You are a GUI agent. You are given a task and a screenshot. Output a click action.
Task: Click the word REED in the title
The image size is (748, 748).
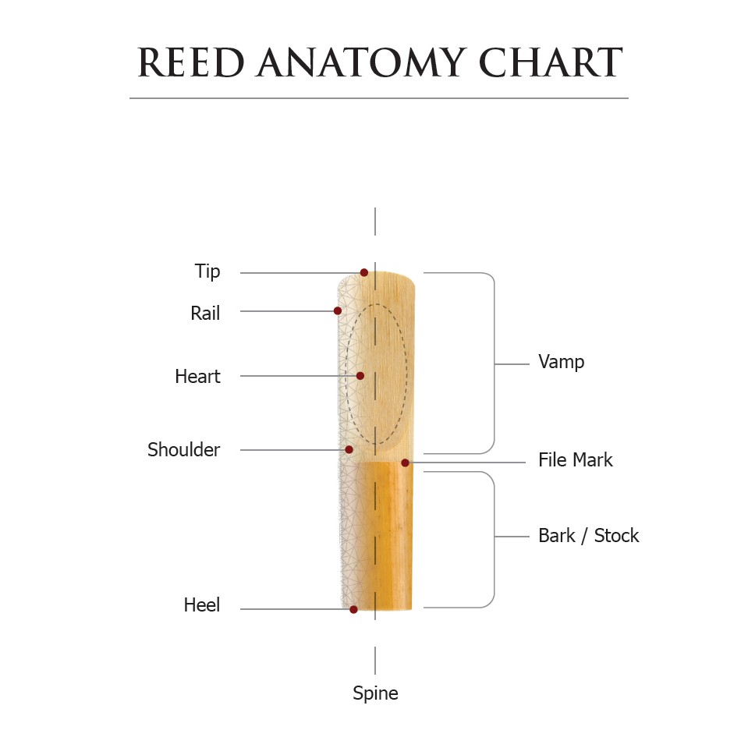point(191,62)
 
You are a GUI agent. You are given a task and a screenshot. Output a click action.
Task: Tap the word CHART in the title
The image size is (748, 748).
point(551,62)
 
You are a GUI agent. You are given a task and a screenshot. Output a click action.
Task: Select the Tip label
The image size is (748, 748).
point(207,271)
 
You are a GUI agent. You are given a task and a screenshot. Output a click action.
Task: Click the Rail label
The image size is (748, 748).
point(205,314)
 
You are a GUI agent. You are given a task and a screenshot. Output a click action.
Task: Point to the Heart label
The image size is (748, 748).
point(197,377)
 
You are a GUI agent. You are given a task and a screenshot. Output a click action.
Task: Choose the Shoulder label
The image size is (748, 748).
point(183,450)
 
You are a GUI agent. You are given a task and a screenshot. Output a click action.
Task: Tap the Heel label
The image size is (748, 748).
point(202,605)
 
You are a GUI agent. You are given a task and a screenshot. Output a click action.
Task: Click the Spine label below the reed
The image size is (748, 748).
point(375,693)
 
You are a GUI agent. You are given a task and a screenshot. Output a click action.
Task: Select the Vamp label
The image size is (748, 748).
point(562,362)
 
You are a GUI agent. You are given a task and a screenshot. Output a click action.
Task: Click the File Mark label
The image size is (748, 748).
point(576,460)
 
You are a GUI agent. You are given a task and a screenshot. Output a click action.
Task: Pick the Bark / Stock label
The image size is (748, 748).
point(589,536)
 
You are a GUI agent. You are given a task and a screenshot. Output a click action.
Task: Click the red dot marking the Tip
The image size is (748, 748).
point(364,272)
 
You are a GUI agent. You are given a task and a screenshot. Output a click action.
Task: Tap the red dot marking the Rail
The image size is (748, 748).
point(337,311)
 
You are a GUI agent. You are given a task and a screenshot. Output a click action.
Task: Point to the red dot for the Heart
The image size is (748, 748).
point(360,376)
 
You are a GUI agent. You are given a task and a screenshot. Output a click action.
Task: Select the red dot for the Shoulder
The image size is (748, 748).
point(349,450)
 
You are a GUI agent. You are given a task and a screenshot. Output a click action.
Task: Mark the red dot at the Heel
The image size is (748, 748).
point(353,610)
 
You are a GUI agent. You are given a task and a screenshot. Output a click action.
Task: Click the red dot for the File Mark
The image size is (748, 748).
point(405,463)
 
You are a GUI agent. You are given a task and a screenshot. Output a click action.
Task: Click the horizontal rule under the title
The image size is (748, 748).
point(379,98)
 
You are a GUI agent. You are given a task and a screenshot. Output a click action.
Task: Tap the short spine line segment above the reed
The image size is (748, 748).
point(375,222)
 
